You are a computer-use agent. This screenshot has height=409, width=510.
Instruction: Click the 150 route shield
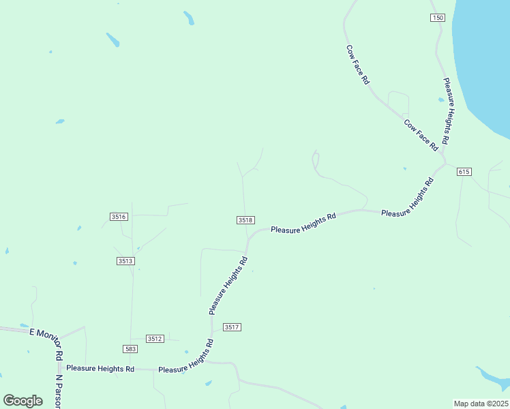[438, 18]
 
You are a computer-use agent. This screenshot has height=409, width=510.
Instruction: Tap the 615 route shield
[464, 172]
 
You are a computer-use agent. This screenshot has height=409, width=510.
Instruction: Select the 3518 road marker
[246, 220]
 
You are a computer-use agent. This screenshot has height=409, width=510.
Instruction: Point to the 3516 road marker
[119, 217]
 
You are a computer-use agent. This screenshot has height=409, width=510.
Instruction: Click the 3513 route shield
[125, 261]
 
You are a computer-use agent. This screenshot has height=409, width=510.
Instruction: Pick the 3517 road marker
[232, 328]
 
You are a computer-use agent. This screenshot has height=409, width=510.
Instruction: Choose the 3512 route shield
[155, 339]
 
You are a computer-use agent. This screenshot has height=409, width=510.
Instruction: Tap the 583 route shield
[131, 349]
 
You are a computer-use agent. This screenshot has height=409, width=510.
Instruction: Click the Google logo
[23, 401]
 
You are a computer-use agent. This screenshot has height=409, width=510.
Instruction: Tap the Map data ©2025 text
[481, 404]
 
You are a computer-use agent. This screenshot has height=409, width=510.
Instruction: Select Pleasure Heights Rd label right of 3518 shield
[303, 223]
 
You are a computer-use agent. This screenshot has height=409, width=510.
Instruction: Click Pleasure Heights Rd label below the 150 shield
[447, 110]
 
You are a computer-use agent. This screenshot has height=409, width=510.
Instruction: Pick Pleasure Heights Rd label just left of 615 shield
[407, 198]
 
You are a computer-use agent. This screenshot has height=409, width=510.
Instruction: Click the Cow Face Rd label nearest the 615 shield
[421, 135]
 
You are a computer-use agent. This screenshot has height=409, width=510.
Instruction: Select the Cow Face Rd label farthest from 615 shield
[357, 65]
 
